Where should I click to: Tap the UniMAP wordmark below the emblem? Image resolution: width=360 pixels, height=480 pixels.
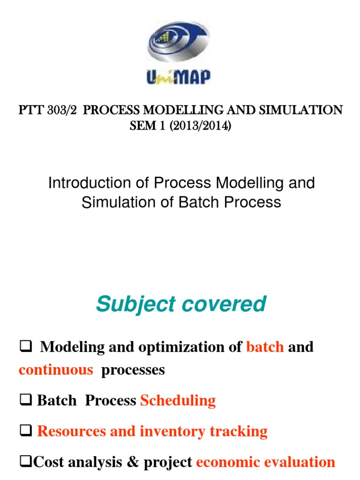tap(178, 76)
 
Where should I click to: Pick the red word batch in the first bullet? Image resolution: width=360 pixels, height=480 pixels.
tap(265, 347)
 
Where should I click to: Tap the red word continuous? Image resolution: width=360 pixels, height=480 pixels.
tap(56, 370)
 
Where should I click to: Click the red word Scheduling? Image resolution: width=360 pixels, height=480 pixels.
tap(178, 400)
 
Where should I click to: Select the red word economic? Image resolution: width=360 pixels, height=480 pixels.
tap(227, 462)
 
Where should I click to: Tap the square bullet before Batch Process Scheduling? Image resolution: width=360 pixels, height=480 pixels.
tap(24, 401)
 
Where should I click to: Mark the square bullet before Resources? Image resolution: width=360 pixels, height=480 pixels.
tap(24, 432)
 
